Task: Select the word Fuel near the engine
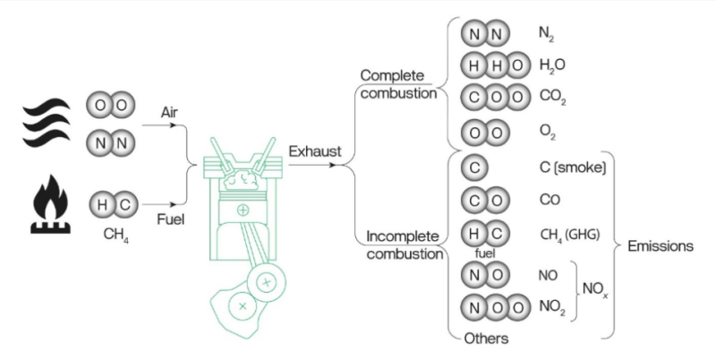click(170, 219)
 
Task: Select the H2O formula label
click(552, 65)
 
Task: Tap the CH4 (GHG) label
click(569, 235)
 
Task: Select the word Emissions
click(660, 246)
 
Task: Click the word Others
click(487, 339)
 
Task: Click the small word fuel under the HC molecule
click(474, 253)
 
